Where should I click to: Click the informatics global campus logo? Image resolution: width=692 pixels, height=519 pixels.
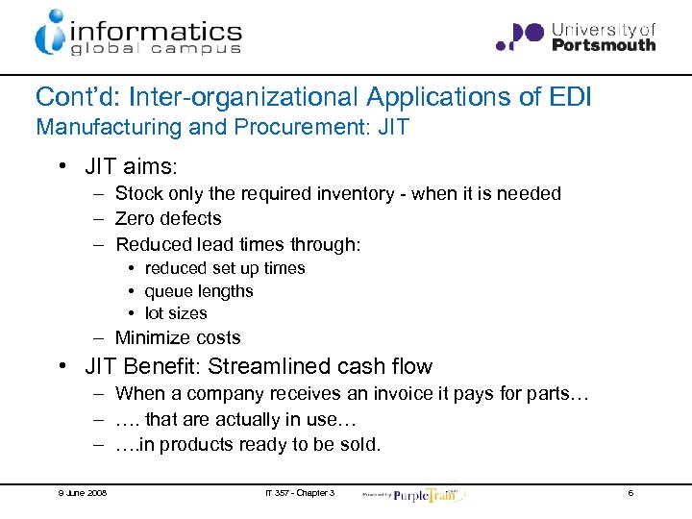pyautogui.click(x=137, y=33)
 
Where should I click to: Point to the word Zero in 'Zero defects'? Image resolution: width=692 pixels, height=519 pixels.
pyautogui.click(x=136, y=219)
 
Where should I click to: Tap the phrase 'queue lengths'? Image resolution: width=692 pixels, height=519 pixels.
pyautogui.click(x=198, y=291)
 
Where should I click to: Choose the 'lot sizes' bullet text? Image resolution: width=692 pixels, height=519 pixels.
pyautogui.click(x=175, y=313)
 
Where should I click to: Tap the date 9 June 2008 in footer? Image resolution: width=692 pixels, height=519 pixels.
pyautogui.click(x=81, y=493)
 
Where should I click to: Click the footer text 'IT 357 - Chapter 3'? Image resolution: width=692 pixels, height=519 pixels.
pyautogui.click(x=300, y=493)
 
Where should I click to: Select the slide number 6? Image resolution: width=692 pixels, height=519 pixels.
pyautogui.click(x=630, y=493)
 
